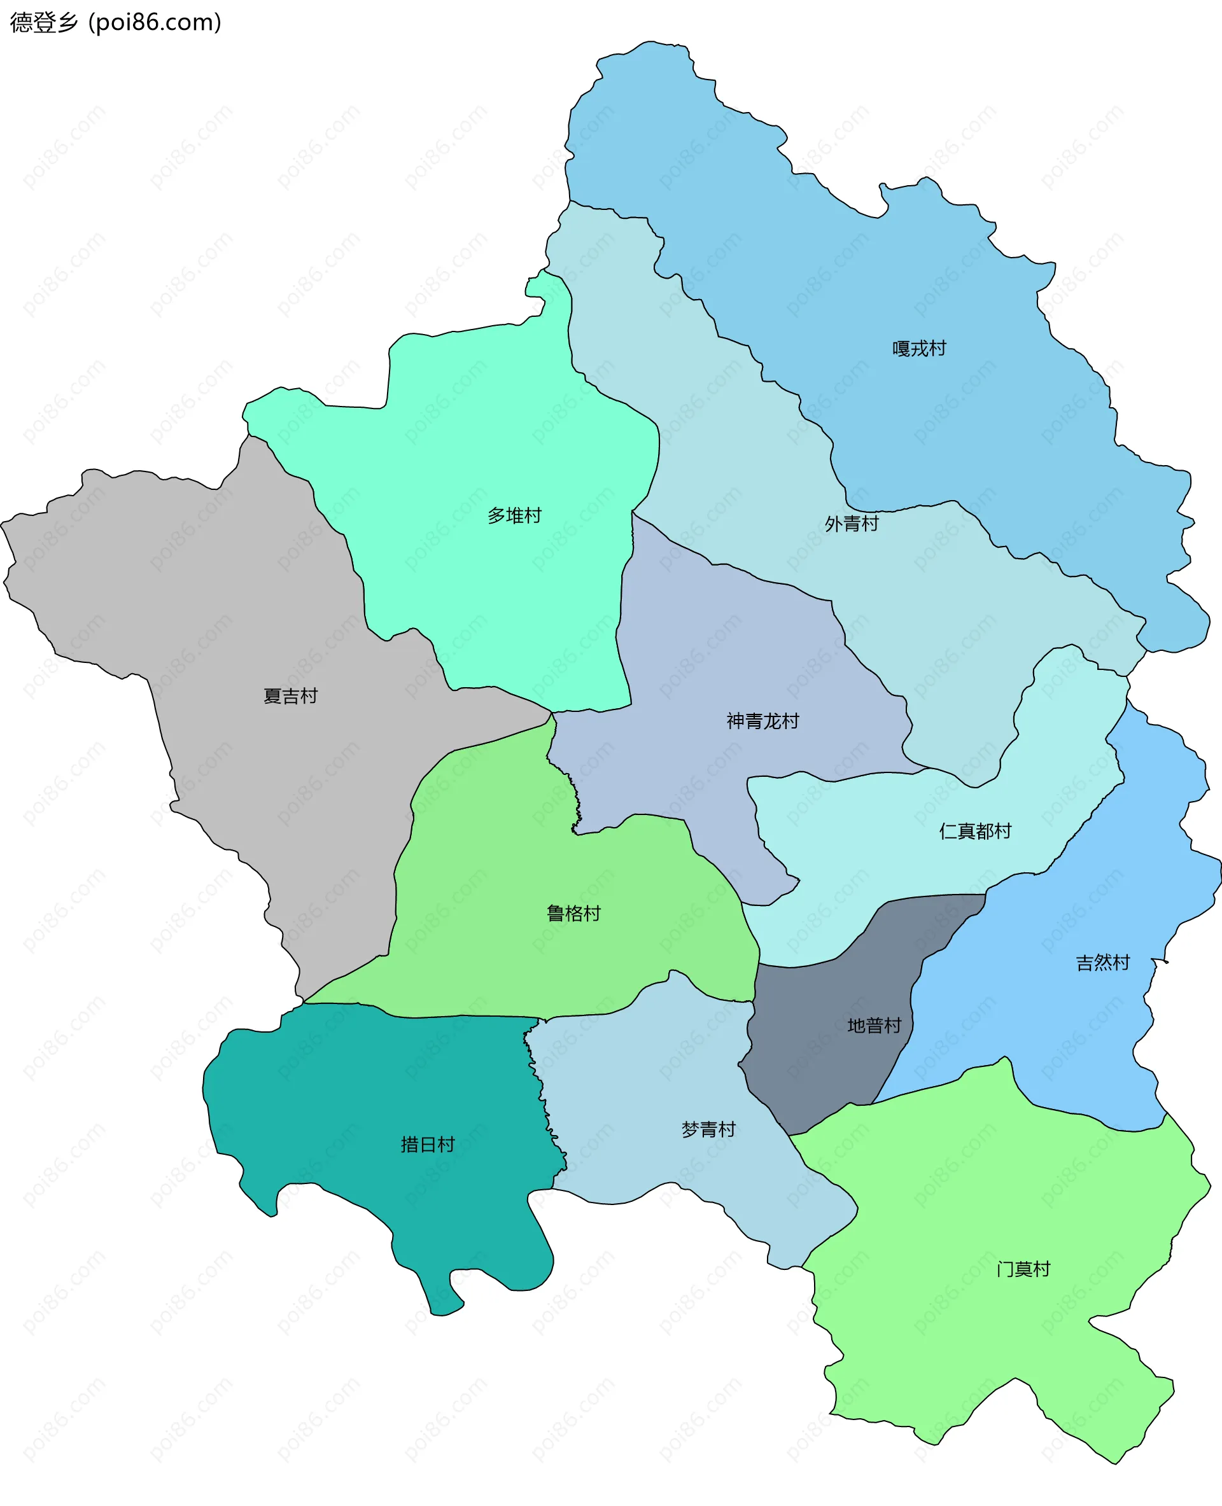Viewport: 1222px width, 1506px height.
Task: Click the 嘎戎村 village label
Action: pos(918,349)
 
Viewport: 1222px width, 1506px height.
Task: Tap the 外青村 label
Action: pos(851,524)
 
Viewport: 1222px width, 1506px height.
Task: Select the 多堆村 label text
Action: pos(514,516)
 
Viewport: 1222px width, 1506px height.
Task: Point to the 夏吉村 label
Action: pos(290,696)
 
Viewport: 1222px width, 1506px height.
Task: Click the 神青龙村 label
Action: pos(762,722)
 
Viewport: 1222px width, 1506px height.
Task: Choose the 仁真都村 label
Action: pos(975,831)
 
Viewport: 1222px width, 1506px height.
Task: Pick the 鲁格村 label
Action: pos(573,914)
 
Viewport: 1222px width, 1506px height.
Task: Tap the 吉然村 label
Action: pos(1102,963)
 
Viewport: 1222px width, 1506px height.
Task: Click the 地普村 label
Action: pos(874,1026)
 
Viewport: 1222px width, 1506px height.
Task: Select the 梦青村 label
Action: pos(708,1129)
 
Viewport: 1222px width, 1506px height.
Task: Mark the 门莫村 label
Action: pos(1023,1269)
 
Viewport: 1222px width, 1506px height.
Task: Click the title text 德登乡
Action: pos(44,22)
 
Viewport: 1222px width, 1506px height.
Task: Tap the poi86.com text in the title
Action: pos(155,22)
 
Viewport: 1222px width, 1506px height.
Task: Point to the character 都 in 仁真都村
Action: pos(984,831)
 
